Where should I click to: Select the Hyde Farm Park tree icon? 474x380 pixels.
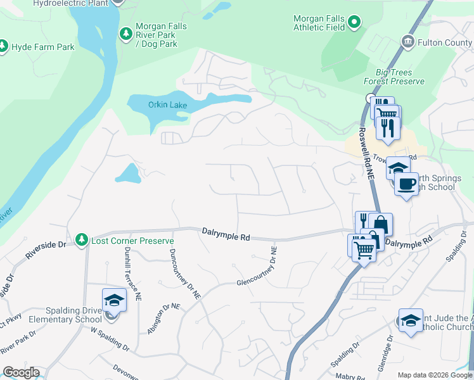pos(3,46)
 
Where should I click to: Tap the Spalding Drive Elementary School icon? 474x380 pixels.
pos(114,300)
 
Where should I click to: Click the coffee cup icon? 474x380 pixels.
pos(406,184)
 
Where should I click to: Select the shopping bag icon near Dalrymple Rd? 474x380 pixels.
pos(380,224)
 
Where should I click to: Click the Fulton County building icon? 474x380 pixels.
pos(407,42)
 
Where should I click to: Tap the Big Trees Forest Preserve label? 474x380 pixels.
pos(385,77)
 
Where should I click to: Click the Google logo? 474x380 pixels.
pos(21,372)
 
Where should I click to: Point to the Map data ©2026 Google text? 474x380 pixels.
pos(434,375)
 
